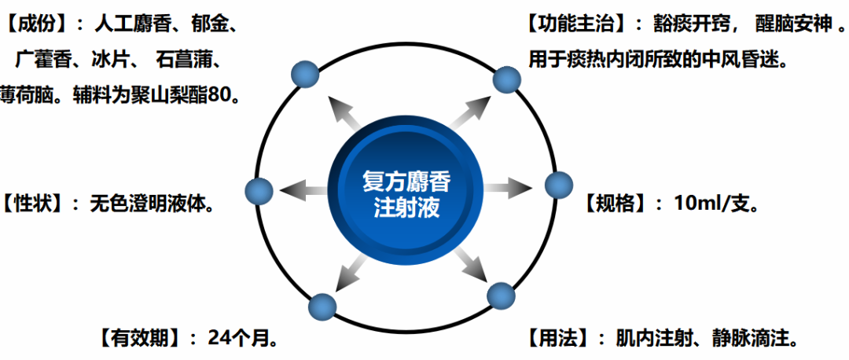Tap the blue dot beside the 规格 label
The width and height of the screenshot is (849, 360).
click(559, 186)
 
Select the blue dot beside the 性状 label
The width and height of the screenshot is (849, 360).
click(259, 191)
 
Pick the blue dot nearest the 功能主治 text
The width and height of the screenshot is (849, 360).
click(506, 79)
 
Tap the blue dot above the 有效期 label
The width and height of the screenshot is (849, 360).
click(323, 306)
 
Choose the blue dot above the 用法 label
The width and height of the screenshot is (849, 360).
click(501, 297)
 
